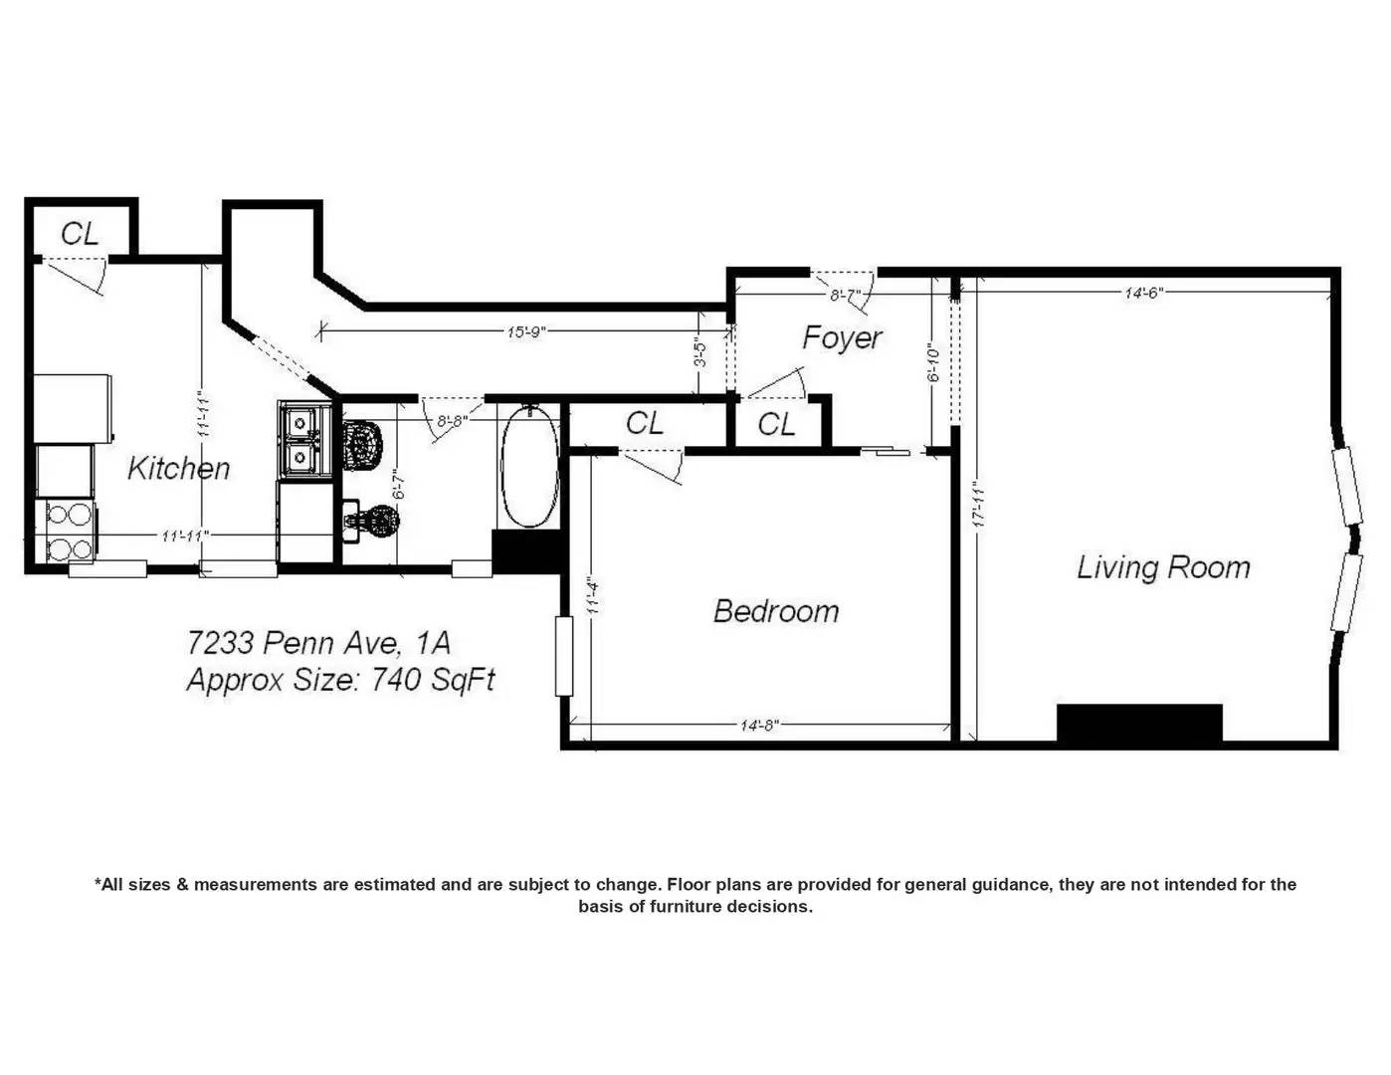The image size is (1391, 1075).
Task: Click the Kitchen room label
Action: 178,468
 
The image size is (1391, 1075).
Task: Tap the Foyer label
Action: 842,337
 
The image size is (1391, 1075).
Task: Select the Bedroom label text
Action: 776,611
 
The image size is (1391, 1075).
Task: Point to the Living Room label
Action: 1164,567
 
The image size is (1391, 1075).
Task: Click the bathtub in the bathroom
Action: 528,468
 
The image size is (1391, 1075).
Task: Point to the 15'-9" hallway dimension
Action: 525,332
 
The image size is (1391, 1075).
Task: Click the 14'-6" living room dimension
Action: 1144,294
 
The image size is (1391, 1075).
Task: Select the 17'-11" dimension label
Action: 977,506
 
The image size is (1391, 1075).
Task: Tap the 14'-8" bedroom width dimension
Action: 759,726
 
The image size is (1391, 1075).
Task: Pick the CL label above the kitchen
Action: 80,234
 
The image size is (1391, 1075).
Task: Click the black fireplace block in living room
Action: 1139,724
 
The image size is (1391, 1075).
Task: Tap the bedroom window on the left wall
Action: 563,656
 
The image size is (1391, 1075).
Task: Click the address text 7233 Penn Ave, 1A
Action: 318,642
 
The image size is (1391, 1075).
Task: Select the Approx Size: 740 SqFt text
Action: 340,679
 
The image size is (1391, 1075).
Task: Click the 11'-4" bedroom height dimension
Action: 593,597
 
